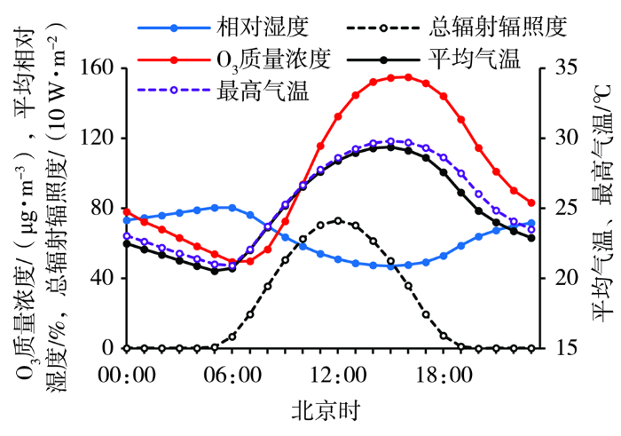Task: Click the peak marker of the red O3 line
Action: click(x=408, y=77)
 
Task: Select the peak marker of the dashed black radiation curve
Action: click(x=338, y=220)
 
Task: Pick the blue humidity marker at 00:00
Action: click(x=127, y=219)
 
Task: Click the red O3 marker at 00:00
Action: click(x=127, y=211)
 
